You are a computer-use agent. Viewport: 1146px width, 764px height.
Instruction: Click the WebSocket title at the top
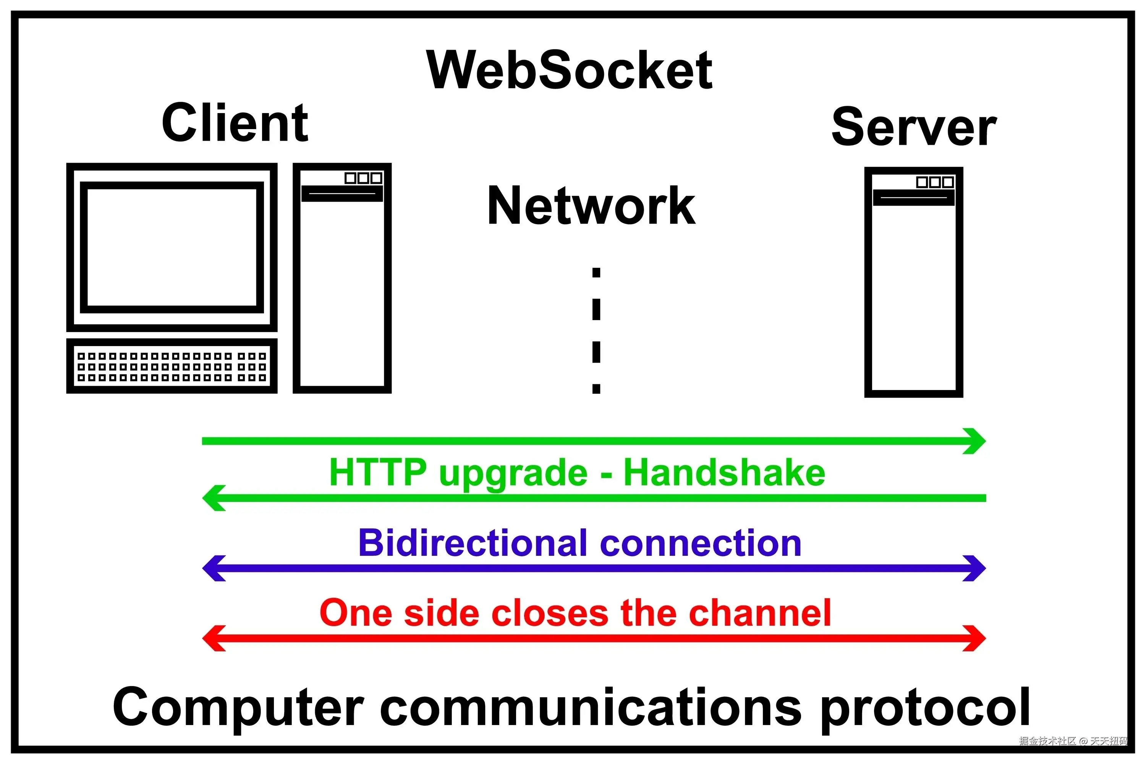pos(569,71)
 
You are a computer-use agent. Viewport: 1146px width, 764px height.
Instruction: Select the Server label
pos(914,127)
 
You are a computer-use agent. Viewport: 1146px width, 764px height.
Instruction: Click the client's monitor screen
pos(172,248)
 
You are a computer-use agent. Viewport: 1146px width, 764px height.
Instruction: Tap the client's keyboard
pos(172,366)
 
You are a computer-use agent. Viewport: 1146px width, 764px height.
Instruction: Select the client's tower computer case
pos(342,278)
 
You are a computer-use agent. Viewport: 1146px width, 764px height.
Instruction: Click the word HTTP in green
pos(378,473)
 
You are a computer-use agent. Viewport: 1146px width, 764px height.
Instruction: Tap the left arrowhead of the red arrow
pos(212,638)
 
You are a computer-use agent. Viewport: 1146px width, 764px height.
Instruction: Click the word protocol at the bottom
pos(925,707)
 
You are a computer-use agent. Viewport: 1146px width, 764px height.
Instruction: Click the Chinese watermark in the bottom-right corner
pos(1073,741)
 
